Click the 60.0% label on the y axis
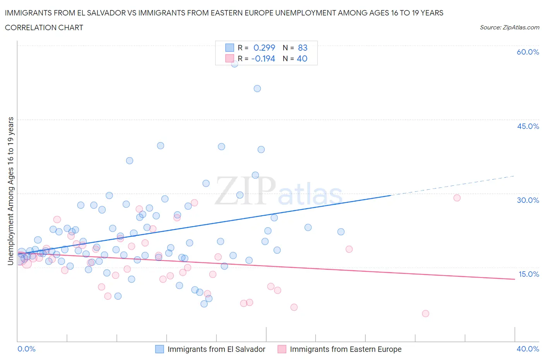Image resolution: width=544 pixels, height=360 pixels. pyautogui.click(x=528, y=52)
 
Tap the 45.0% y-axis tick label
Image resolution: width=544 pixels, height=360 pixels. pyautogui.click(x=528, y=126)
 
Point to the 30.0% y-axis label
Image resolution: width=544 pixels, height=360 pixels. pyautogui.click(x=528, y=200)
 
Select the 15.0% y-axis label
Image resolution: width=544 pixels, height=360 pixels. pyautogui.click(x=528, y=274)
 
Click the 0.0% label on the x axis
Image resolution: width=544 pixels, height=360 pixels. pyautogui.click(x=26, y=349)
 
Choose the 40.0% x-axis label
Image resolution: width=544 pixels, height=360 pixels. pyautogui.click(x=528, y=349)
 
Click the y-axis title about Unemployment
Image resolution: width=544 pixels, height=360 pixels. pyautogui.click(x=11, y=191)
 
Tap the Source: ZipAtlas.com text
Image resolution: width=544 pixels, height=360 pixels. pyautogui.click(x=509, y=27)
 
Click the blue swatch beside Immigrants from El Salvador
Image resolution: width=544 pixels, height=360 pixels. pyautogui.click(x=159, y=349)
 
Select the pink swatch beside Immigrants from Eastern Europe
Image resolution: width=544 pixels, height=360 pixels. pyautogui.click(x=282, y=349)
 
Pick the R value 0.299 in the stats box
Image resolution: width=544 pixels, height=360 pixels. pyautogui.click(x=264, y=48)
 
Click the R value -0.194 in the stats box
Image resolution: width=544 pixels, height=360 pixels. pyautogui.click(x=263, y=58)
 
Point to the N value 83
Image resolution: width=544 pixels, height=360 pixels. pyautogui.click(x=303, y=48)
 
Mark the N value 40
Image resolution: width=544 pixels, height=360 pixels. pyautogui.click(x=302, y=58)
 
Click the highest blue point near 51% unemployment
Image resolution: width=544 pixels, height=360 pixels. pyautogui.click(x=257, y=89)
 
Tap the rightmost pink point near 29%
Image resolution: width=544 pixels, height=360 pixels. pyautogui.click(x=457, y=198)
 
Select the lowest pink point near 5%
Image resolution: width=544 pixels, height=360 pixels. pyautogui.click(x=426, y=314)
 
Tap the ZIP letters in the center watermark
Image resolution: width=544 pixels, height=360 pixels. pyautogui.click(x=245, y=190)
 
